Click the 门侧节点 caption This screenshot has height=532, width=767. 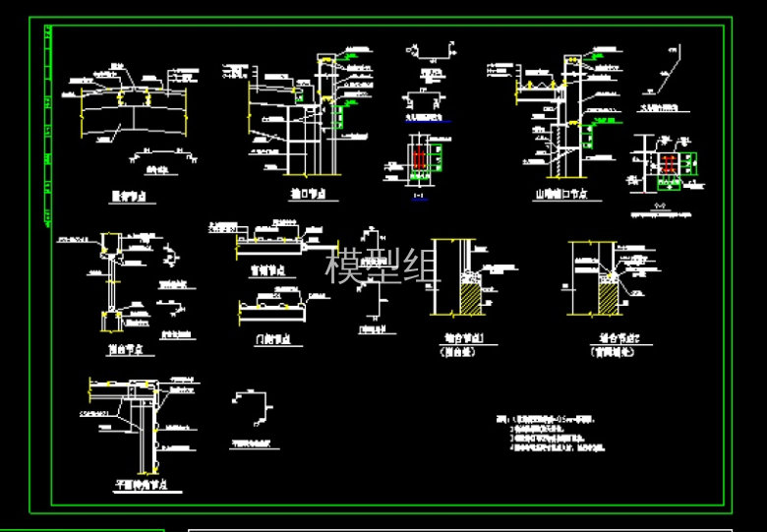tap(271, 340)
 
